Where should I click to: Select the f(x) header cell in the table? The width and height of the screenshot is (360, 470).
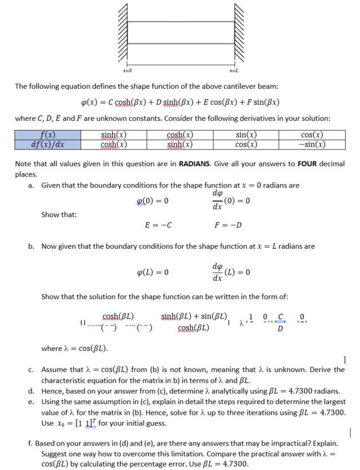(x=50, y=135)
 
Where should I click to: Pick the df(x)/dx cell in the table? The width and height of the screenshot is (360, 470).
(x=50, y=144)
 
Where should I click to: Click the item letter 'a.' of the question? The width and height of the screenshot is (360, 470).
(x=33, y=186)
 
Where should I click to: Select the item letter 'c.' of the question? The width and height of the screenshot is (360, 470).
(x=33, y=369)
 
